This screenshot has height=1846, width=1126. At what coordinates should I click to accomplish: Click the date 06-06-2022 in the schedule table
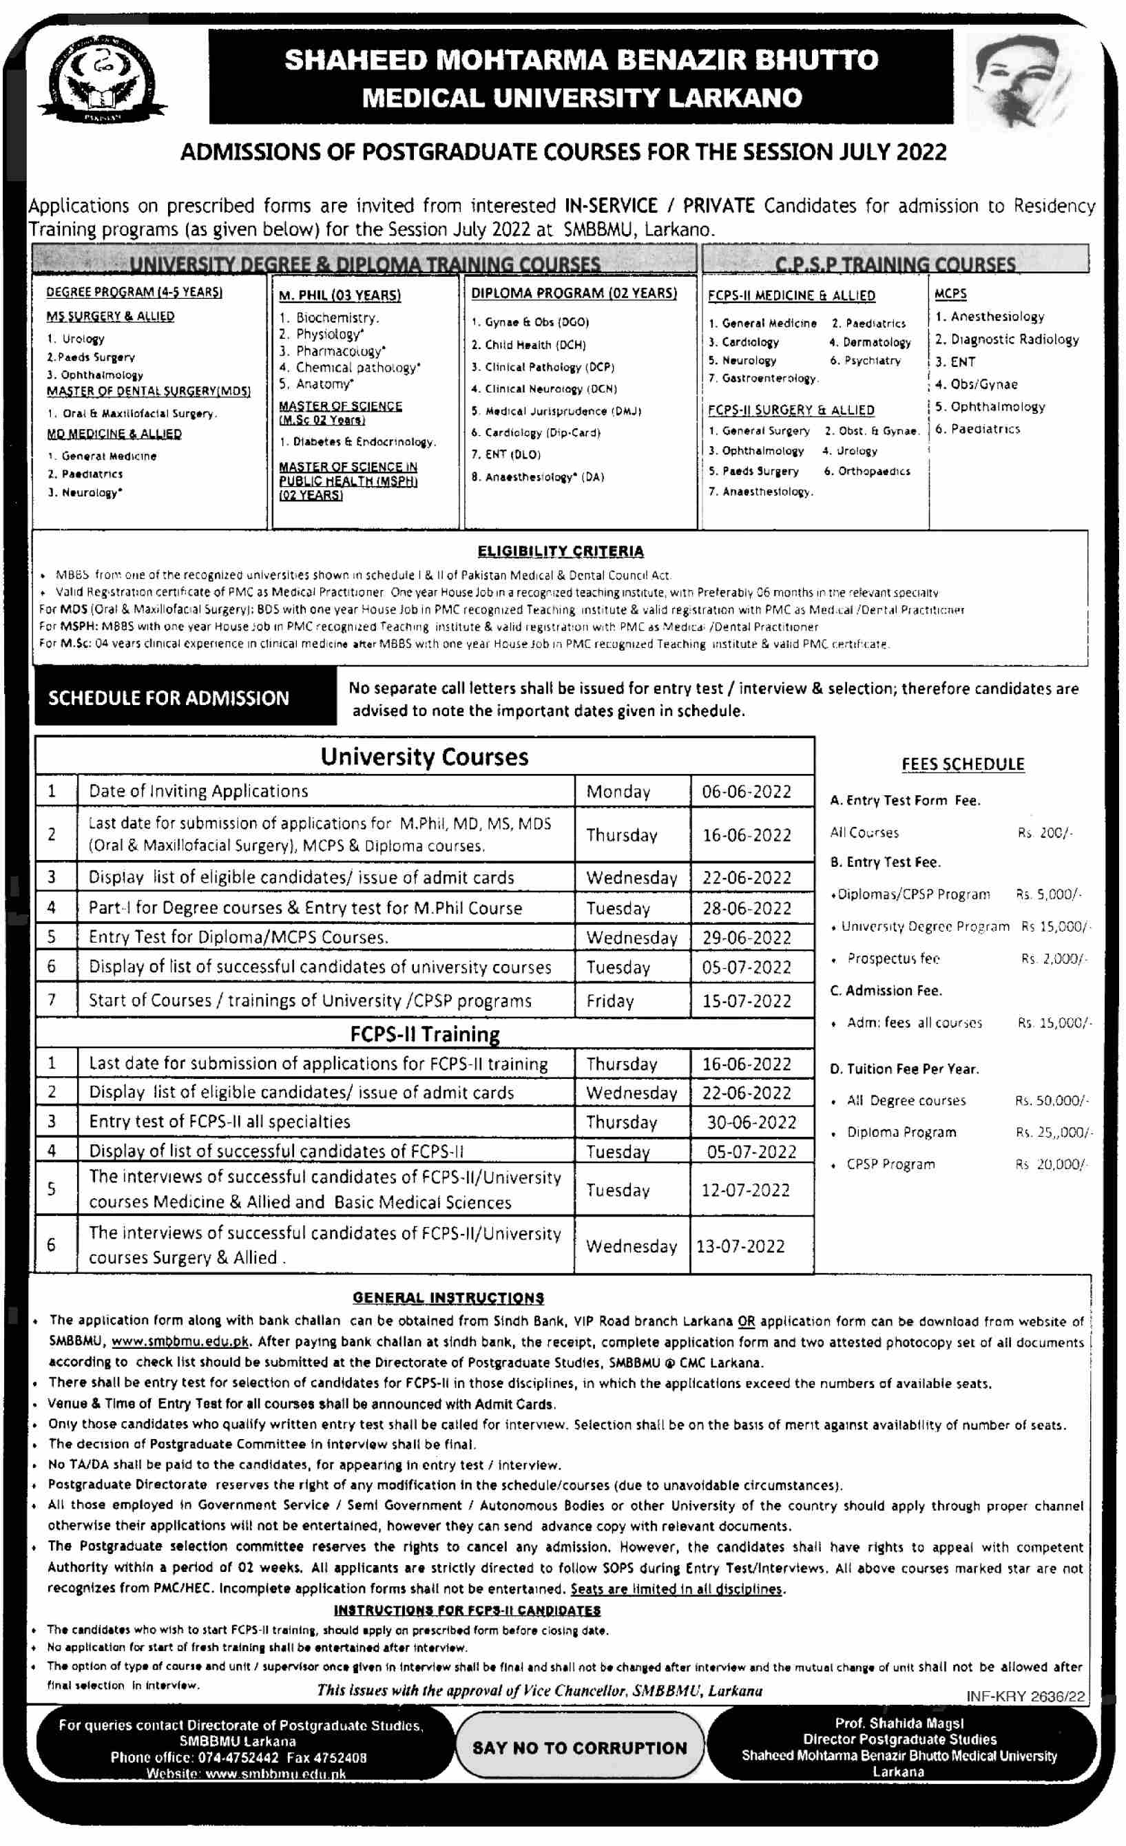pyautogui.click(x=746, y=792)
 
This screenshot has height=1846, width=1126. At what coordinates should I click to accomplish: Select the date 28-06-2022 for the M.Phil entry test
pyautogui.click(x=746, y=909)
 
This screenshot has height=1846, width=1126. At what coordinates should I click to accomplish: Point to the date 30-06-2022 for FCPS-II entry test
pyautogui.click(x=751, y=1122)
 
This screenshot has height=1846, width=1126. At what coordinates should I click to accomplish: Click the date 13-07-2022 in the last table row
pyautogui.click(x=740, y=1246)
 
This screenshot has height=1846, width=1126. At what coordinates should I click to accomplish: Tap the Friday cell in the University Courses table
pyautogui.click(x=609, y=1001)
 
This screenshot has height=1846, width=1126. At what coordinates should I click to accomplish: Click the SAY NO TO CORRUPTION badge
pyautogui.click(x=579, y=1748)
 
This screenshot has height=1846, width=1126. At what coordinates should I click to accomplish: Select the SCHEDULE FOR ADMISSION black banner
pyautogui.click(x=185, y=698)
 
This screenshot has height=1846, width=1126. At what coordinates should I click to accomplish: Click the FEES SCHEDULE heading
pyautogui.click(x=963, y=764)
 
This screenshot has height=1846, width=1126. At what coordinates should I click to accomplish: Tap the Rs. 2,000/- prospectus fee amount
pyautogui.click(x=1053, y=958)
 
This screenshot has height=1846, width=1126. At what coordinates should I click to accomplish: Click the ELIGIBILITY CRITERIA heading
pyautogui.click(x=561, y=552)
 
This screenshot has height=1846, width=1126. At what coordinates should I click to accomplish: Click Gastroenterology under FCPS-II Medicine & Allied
pyautogui.click(x=769, y=378)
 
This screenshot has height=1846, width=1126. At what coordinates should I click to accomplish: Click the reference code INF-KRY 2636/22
pyautogui.click(x=1025, y=1696)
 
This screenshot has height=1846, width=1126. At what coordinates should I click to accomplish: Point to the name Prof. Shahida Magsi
pyautogui.click(x=899, y=1723)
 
